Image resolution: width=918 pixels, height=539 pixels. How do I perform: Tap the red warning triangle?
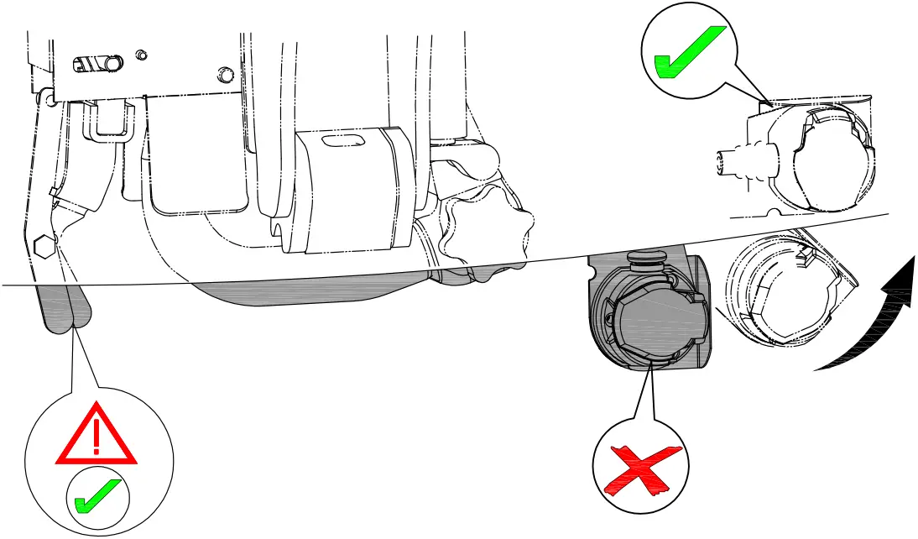pos(96,435)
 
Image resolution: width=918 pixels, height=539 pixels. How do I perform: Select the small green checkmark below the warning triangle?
pos(98,495)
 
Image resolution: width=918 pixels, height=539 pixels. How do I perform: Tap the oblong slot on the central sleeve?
pos(344,140)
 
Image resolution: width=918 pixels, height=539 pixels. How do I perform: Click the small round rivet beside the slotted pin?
pos(141,55)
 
